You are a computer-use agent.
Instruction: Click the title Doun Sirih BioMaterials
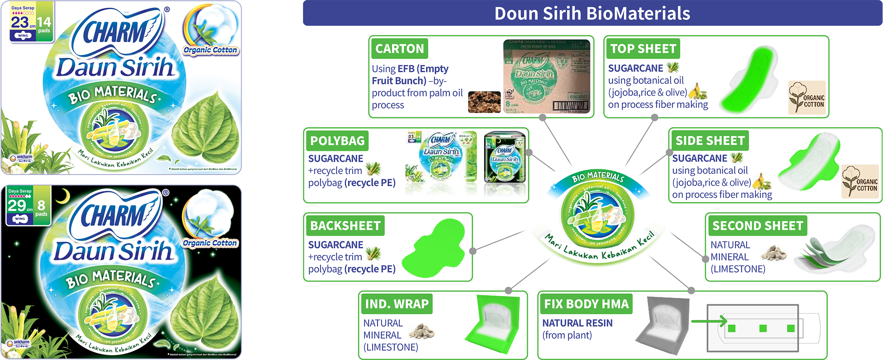point(592,13)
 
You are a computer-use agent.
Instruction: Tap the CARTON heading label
point(399,49)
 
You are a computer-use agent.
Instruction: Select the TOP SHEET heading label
point(643,49)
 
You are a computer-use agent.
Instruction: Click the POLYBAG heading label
point(337,141)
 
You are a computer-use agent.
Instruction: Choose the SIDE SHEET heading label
point(710,140)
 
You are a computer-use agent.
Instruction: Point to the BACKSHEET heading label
point(345,226)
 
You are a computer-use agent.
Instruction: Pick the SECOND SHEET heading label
point(757,226)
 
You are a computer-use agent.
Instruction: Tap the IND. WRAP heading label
point(397,304)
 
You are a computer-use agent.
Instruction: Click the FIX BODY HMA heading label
point(586,304)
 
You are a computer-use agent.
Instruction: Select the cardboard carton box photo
point(547,76)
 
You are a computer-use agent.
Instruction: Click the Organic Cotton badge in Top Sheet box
point(807,98)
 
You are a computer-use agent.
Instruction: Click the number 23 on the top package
point(19,22)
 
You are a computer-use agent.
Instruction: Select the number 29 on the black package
point(17,205)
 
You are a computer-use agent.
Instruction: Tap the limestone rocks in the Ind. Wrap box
point(421,331)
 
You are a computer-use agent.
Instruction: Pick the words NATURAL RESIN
point(577,323)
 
